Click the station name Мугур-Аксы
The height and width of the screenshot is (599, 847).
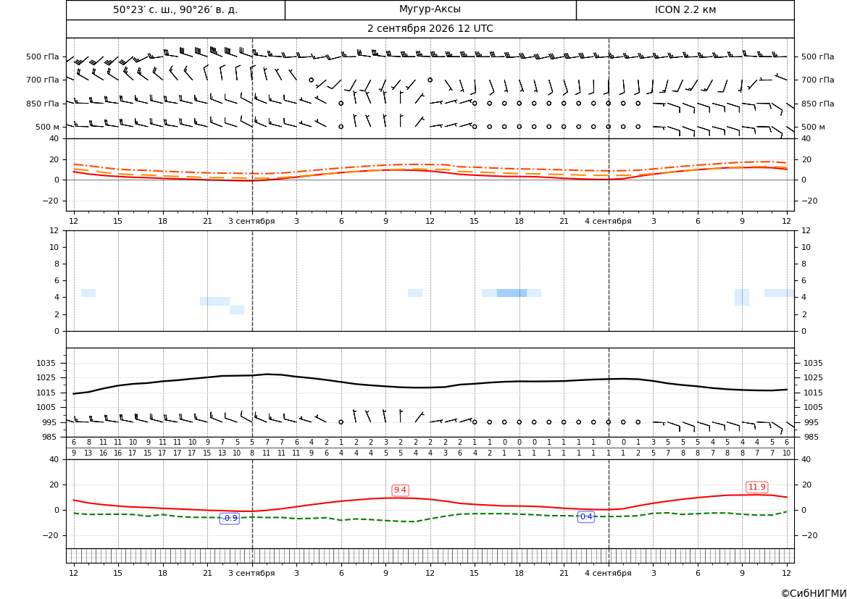[x=430, y=9]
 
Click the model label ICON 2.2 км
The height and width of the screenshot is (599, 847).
[x=685, y=9]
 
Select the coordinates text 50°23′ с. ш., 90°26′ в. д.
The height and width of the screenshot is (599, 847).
[x=175, y=9]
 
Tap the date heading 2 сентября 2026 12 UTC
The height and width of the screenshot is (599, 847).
[x=430, y=29]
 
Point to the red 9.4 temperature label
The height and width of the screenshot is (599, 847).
[x=400, y=490]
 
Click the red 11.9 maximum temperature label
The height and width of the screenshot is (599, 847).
[x=756, y=487]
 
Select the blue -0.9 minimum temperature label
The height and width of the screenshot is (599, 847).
[x=230, y=518]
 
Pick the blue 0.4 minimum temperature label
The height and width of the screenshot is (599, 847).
[x=586, y=517]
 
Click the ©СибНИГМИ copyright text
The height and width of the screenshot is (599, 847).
[x=814, y=593]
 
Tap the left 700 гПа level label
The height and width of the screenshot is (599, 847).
[x=43, y=80]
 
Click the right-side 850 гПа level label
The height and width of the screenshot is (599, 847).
[x=818, y=104]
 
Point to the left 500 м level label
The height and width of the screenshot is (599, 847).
[x=48, y=127]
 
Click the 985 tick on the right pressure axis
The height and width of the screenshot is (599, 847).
[x=810, y=437]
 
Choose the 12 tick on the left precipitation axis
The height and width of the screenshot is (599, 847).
[x=54, y=230]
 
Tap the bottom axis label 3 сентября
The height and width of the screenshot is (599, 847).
[x=251, y=573]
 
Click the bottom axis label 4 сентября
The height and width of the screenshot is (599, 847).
[x=608, y=573]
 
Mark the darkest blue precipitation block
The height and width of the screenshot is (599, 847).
[x=512, y=293]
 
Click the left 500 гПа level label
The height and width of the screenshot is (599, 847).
[x=43, y=56]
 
